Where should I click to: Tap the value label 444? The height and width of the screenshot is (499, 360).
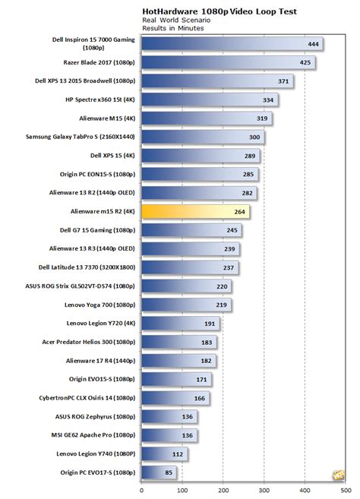point(312,45)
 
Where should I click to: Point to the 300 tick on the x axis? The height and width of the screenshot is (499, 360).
point(264,489)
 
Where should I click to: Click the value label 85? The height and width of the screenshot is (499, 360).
point(168,473)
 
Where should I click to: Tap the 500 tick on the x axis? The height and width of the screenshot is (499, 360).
point(346,489)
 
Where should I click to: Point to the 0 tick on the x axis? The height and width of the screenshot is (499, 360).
point(142,489)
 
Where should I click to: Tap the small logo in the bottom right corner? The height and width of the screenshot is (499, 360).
point(334,476)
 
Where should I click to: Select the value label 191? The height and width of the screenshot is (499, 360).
point(210,324)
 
